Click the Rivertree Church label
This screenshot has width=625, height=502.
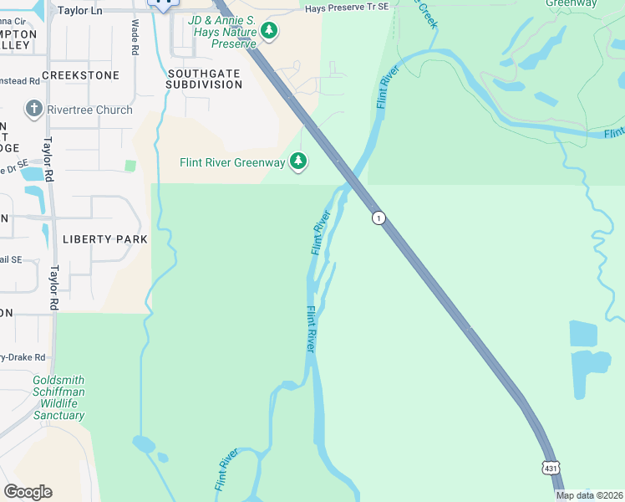point(90,110)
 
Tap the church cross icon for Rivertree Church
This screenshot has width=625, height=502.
point(33,109)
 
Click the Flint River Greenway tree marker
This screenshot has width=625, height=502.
point(298,161)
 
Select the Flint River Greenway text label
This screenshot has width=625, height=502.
point(232,162)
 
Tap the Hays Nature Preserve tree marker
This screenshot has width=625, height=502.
point(268,31)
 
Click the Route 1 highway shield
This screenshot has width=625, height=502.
point(379,218)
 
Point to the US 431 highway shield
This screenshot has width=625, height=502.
point(549,469)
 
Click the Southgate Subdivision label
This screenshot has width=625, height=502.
point(204,79)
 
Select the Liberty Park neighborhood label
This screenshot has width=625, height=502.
point(104,239)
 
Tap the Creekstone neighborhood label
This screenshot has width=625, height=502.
point(80,75)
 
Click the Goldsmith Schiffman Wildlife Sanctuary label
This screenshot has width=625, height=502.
point(58,397)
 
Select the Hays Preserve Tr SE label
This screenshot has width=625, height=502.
point(347,8)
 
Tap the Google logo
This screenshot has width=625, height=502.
point(28,492)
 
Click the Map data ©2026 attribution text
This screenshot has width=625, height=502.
point(589,495)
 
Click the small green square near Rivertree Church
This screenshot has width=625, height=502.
point(130,166)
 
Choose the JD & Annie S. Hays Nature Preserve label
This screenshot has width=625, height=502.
point(221,31)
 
